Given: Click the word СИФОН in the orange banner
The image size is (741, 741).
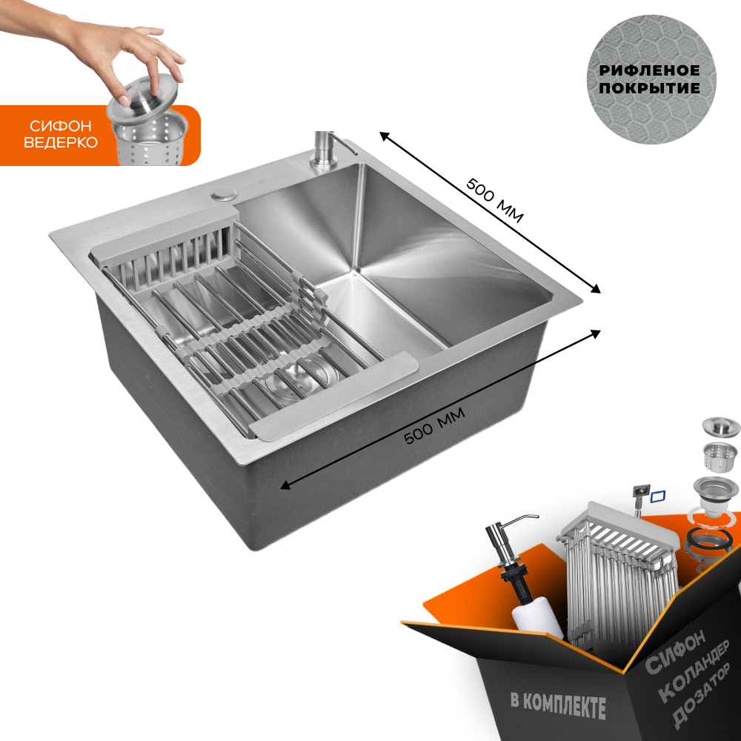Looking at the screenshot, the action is [61, 126].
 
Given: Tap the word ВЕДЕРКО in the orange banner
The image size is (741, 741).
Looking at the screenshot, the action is [61, 142].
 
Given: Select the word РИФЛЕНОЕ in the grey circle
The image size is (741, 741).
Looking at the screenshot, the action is [649, 71].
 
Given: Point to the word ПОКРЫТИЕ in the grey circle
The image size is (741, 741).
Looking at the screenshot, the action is [649, 88].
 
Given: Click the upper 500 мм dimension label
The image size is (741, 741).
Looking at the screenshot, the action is [495, 200].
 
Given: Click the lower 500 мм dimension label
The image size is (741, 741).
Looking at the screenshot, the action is [435, 426].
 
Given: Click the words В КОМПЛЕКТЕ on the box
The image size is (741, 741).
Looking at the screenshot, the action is [558, 705].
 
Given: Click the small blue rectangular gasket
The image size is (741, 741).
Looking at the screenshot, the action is [658, 496].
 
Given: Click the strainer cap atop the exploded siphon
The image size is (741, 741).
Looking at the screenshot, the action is [720, 427].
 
